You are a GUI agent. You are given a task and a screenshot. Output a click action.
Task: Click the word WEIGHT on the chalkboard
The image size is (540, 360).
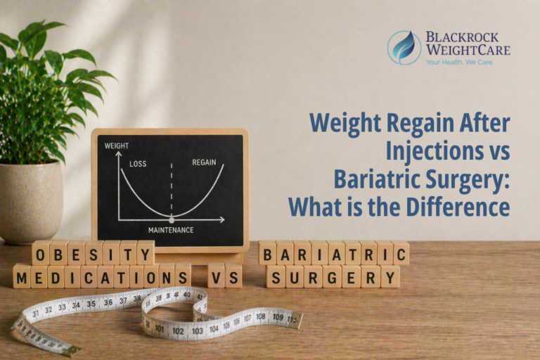(117, 146)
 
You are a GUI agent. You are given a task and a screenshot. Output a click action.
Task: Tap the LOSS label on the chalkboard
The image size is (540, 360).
(138, 164)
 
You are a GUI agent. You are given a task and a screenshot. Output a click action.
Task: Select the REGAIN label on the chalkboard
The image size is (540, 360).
(205, 162)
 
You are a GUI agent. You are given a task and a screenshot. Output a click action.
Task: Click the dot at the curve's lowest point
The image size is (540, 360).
(172, 220)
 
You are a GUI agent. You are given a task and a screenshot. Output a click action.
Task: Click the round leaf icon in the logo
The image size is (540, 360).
(404, 47)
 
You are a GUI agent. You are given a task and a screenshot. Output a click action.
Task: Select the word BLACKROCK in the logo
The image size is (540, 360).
(467, 37)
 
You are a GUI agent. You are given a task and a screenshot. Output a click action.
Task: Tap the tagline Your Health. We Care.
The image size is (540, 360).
(459, 62)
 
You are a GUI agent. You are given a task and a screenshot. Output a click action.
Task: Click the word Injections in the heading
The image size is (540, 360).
(428, 151)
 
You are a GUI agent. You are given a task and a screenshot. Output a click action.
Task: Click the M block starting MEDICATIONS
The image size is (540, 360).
(22, 276)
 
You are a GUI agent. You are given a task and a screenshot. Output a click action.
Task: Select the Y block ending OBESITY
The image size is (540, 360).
(146, 252)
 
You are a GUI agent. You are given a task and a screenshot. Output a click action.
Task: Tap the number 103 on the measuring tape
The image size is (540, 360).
(198, 330)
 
